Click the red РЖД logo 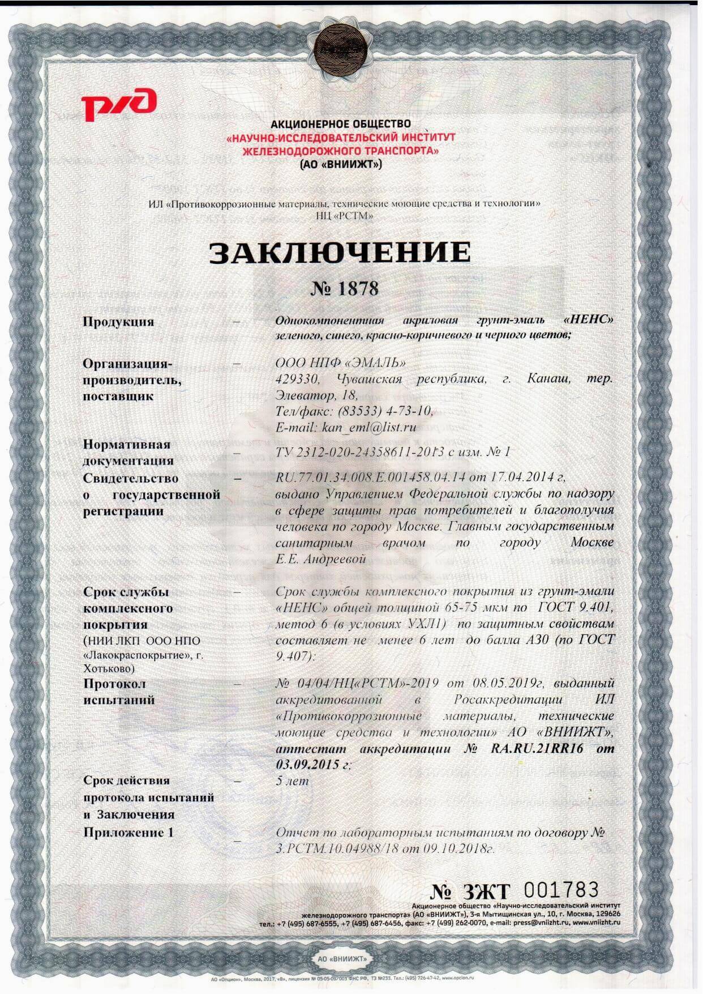pyautogui.click(x=118, y=105)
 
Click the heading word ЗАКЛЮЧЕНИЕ pyautogui.click(x=340, y=253)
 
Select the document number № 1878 pyautogui.click(x=344, y=289)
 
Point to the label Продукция pyautogui.click(x=118, y=322)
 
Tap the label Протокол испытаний pyautogui.click(x=118, y=692)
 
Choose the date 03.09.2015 pyautogui.click(x=309, y=764)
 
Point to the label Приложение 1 pyautogui.click(x=128, y=833)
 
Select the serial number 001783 pyautogui.click(x=561, y=888)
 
